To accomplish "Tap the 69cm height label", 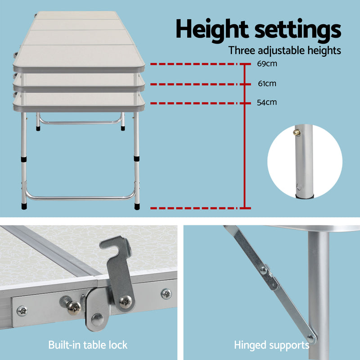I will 266,63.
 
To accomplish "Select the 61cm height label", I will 267,83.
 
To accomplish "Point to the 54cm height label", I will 266,102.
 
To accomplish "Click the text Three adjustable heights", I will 284,50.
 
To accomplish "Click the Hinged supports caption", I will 271,346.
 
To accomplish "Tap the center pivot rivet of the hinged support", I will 264,271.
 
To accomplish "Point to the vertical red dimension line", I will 244,135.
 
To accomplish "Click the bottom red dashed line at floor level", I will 193,208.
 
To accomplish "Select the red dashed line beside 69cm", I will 193,64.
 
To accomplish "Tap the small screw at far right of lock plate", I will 166,293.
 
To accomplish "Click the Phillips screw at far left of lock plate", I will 21,310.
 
